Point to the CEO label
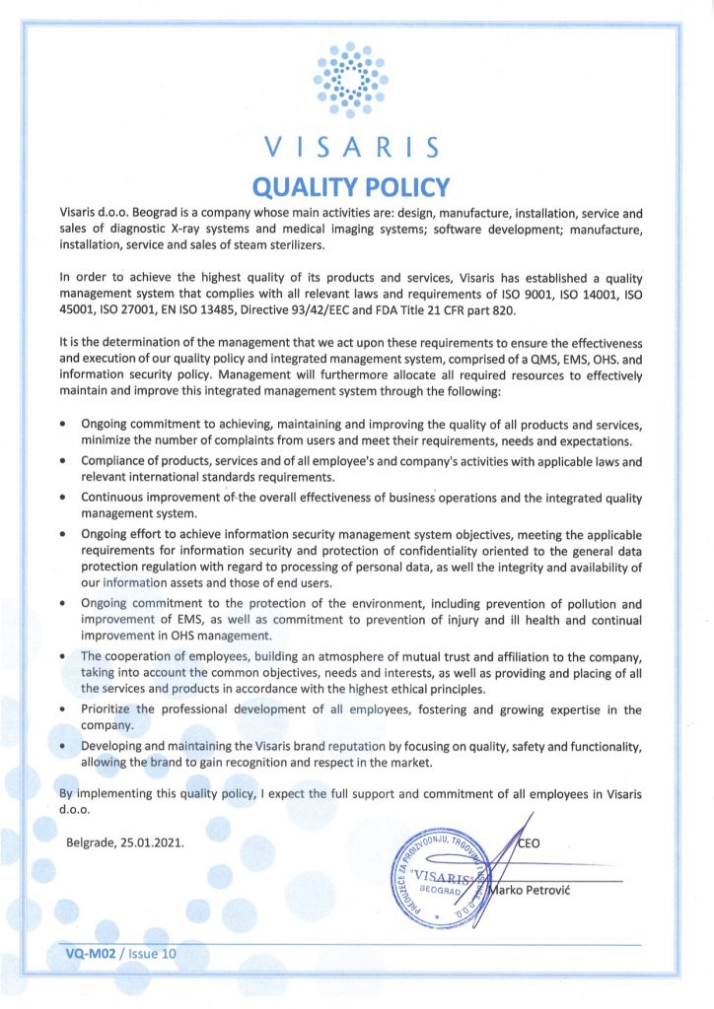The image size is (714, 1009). [x=529, y=843]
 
